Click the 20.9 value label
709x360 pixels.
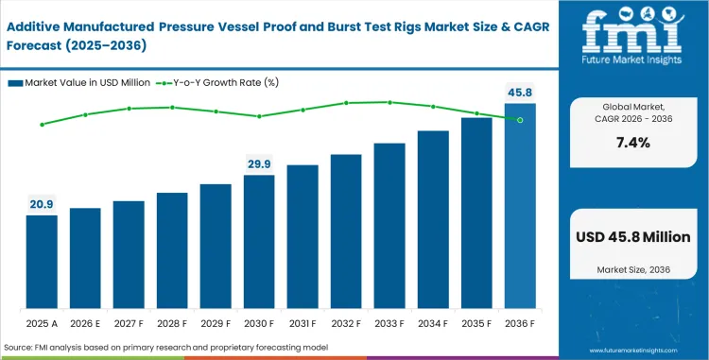click(42, 204)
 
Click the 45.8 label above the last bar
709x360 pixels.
click(520, 93)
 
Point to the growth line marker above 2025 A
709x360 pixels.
click(42, 124)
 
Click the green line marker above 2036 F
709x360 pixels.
click(520, 119)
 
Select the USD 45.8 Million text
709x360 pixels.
click(632, 237)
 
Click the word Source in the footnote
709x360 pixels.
click(18, 349)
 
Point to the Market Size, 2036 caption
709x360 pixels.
click(632, 271)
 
